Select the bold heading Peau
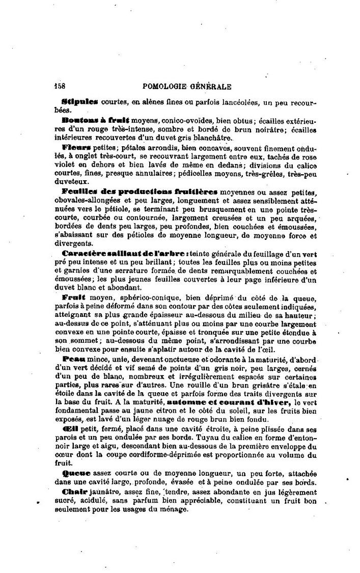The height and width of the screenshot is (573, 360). point(73,359)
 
